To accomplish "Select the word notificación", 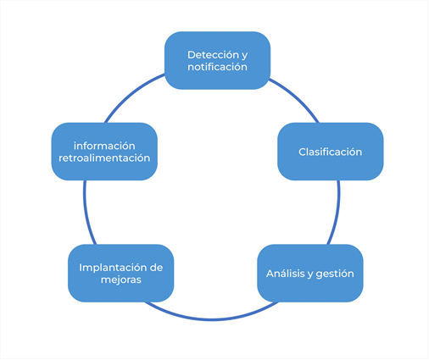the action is tap(217, 67).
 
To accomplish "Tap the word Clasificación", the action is tap(331, 152).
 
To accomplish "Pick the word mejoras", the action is tap(121, 280).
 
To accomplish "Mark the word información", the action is tap(104, 146).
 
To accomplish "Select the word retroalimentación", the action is tap(104, 158).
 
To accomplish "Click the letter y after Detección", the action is tap(244, 56).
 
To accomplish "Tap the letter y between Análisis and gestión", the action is tap(310, 274).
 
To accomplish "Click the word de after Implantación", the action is tap(156, 268).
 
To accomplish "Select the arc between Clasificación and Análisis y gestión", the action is tap(336, 213).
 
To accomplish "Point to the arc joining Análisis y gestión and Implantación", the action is tap(211, 319).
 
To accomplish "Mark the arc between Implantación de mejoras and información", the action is tap(86, 213).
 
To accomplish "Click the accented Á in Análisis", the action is tap(270, 273).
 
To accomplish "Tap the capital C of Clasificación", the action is tap(303, 152).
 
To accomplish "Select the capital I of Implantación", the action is tap(81, 268).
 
